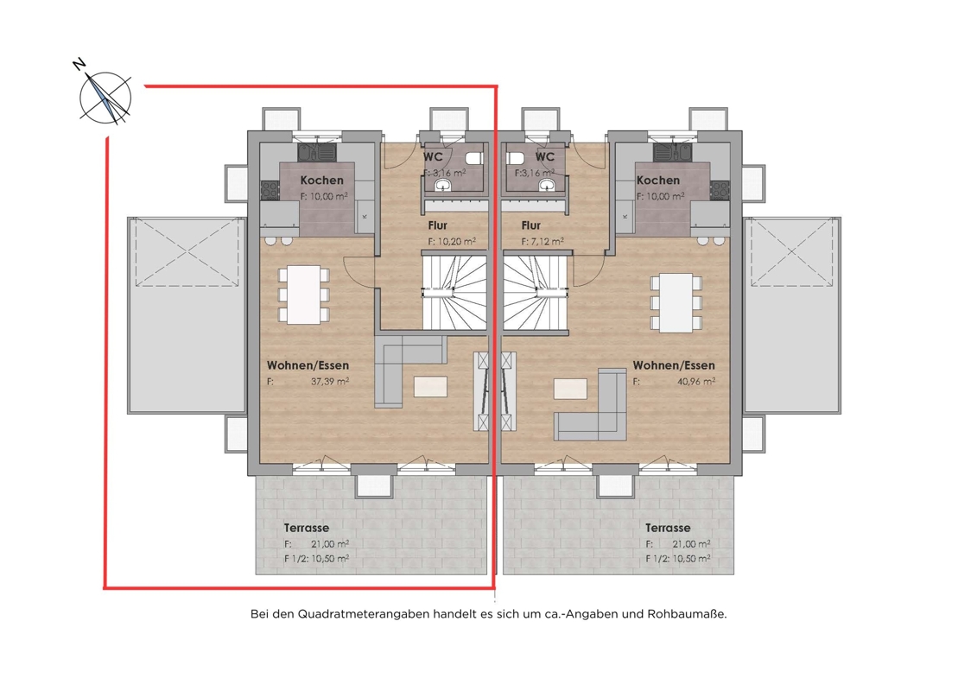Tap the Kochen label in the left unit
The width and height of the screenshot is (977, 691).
point(321,180)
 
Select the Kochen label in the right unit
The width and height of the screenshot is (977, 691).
point(658,180)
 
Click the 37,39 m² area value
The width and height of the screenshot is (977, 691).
point(330,381)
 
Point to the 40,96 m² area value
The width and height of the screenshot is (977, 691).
point(696,381)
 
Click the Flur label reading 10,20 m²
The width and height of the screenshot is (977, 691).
point(437,225)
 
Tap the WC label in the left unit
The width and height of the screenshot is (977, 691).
point(433,156)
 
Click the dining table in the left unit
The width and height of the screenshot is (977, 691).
point(304,294)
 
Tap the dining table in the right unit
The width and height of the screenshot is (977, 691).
point(676,303)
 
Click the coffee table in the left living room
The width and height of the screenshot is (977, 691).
point(430,386)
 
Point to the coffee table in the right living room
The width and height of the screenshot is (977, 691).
point(570,389)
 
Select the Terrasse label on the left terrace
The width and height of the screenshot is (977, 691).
point(307,528)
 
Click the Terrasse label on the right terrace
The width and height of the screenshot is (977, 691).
point(668,528)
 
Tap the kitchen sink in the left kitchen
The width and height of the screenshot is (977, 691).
point(316,151)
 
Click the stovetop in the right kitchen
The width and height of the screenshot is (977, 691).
point(720,189)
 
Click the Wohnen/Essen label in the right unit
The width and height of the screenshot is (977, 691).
point(674,365)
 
